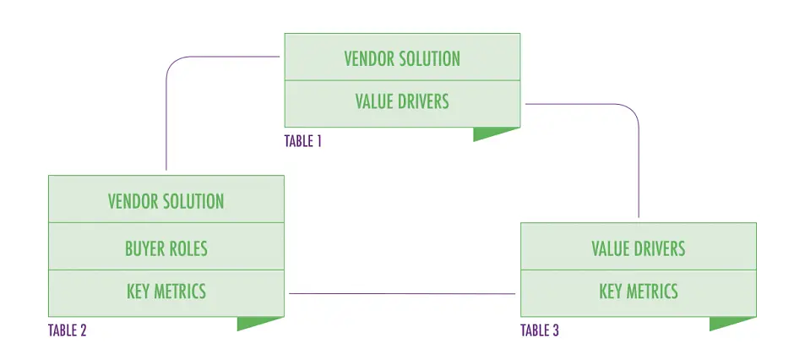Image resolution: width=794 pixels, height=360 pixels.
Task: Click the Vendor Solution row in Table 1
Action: [402, 57]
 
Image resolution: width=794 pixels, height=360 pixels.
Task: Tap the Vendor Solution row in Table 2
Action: [166, 200]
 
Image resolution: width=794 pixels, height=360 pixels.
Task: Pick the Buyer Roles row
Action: [166, 248]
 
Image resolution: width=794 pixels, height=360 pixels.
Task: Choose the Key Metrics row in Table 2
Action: [166, 292]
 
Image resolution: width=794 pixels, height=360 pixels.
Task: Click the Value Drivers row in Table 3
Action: [638, 248]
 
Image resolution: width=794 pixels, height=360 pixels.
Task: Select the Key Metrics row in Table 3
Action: [638, 292]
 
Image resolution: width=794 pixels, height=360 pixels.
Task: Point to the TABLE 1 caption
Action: [303, 141]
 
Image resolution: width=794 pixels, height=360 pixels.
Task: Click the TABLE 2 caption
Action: [68, 330]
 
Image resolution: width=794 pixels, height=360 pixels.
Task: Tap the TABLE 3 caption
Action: [540, 330]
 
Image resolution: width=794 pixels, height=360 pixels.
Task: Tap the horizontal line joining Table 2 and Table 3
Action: [402, 294]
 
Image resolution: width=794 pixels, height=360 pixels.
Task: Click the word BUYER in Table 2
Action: [143, 248]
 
